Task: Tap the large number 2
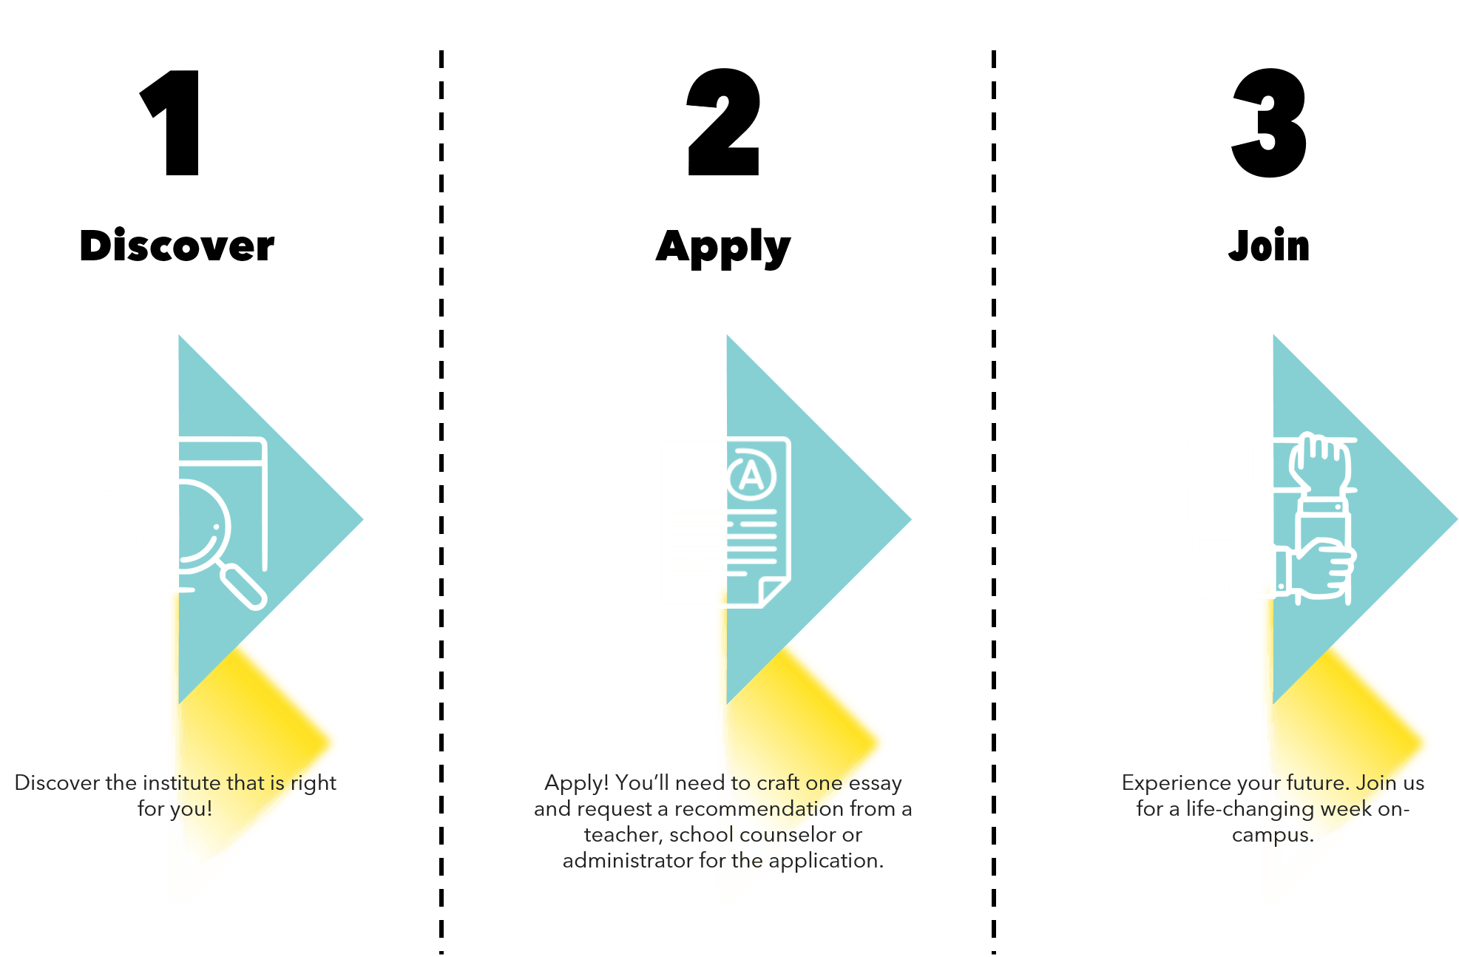[x=723, y=122]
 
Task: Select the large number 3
[x=1269, y=123]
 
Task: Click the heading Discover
[x=177, y=246]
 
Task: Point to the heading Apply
[x=723, y=248]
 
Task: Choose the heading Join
[x=1269, y=246]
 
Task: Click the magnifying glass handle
[x=244, y=587]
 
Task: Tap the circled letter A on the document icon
[x=751, y=475]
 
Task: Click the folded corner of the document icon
[x=775, y=592]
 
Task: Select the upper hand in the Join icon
[x=1319, y=464]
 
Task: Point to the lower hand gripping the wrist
[x=1321, y=568]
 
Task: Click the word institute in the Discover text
[x=182, y=782]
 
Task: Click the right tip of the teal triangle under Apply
[x=910, y=519]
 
